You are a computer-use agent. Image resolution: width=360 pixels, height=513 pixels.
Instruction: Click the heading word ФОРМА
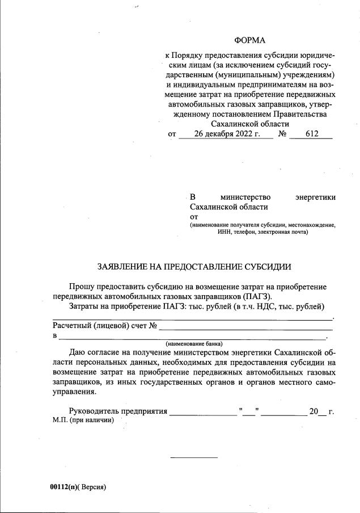(249, 40)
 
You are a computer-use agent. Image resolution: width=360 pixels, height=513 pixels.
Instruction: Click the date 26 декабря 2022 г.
(226, 134)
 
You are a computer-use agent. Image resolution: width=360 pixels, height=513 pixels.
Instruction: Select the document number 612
(311, 134)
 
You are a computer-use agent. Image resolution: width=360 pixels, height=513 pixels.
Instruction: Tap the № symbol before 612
(282, 134)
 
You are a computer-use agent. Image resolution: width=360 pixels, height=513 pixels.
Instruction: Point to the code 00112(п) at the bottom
(64, 486)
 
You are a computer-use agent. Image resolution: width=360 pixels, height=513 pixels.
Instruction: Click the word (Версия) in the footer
(92, 486)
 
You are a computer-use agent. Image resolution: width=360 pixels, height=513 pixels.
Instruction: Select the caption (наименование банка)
(194, 344)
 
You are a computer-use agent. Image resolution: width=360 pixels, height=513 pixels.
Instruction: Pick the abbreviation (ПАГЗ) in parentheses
(257, 296)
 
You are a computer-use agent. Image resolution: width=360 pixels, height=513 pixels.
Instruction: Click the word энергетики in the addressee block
(315, 197)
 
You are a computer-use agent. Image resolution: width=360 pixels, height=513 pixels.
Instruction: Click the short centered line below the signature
(194, 457)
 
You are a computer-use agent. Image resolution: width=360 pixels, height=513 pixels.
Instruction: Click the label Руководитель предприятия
(117, 411)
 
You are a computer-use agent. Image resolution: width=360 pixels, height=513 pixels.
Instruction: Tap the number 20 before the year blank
(314, 411)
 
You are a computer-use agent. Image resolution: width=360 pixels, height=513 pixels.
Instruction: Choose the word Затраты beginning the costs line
(84, 306)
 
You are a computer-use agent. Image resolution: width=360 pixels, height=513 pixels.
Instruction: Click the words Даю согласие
(98, 352)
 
